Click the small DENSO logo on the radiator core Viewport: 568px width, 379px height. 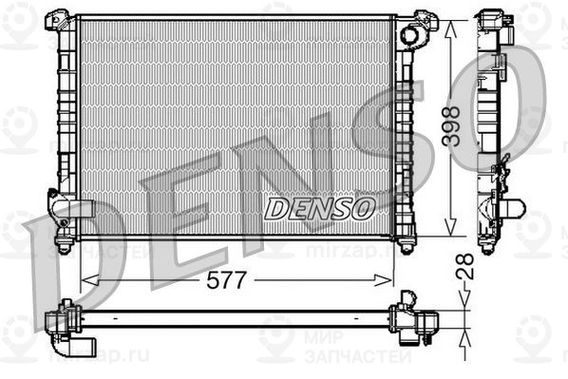tap(319, 209)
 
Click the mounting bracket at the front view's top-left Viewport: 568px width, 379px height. tap(61, 19)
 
